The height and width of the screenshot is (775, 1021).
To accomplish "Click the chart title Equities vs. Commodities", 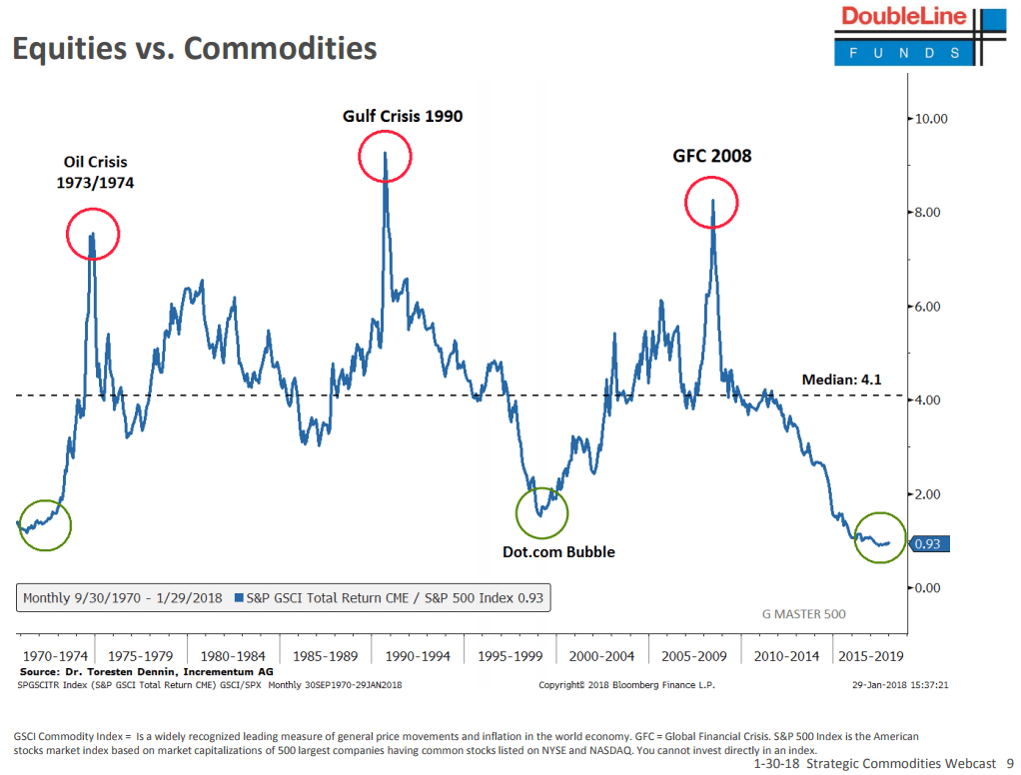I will coord(194,48).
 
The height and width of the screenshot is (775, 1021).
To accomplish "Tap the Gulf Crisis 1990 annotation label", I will coord(403,116).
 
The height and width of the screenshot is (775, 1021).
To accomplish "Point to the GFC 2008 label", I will coord(710,156).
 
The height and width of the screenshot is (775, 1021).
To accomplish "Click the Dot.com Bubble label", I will coord(558,551).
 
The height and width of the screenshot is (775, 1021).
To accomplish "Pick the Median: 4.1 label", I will coord(841,380).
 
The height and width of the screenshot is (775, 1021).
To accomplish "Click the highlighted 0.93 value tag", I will coord(929,544).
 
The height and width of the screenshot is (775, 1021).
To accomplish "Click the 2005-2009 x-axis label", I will coord(693,656).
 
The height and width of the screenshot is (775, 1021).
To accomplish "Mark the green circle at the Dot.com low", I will coord(541,512).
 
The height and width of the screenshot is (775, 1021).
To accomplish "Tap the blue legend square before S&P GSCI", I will coord(238,599).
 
